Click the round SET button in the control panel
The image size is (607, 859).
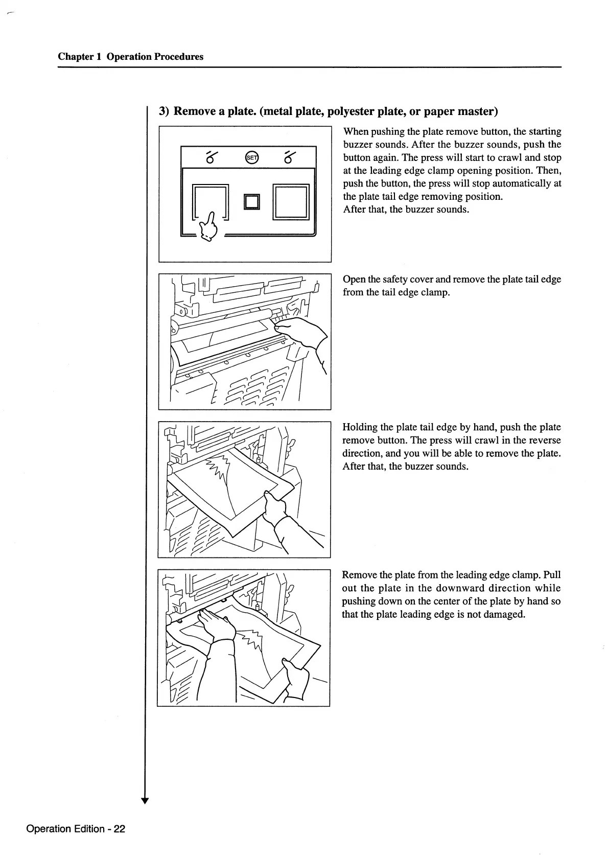click(x=252, y=157)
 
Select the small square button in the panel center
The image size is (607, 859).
click(x=252, y=202)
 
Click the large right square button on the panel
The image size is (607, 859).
click(x=291, y=202)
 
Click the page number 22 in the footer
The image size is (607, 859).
click(x=119, y=829)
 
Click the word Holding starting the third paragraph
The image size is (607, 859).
click(x=360, y=427)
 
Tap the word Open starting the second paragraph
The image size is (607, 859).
click(x=354, y=280)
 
